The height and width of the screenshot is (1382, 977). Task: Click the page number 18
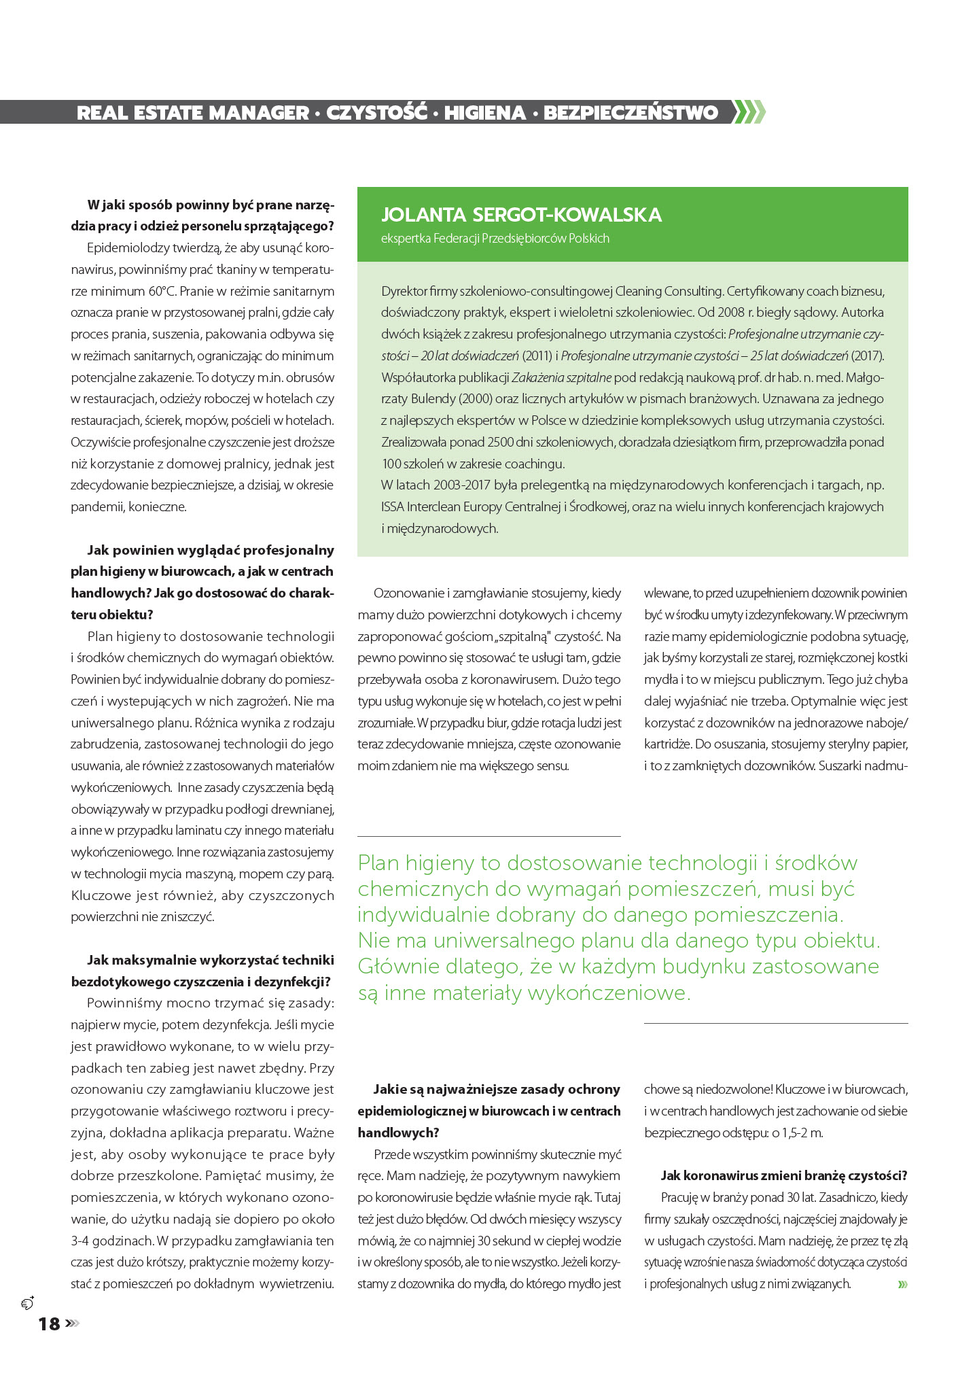(x=49, y=1324)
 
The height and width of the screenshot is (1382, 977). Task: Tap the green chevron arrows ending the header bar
(x=749, y=111)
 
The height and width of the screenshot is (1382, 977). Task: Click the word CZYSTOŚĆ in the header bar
(x=376, y=113)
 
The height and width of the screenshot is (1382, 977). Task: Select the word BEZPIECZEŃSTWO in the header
(x=630, y=113)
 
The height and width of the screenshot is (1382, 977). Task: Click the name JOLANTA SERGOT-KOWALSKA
(x=521, y=215)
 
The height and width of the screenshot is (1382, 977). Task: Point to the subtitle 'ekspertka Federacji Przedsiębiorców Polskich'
(x=495, y=239)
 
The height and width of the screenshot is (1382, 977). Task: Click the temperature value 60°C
(x=162, y=291)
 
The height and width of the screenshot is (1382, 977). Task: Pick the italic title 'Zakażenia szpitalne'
(x=561, y=377)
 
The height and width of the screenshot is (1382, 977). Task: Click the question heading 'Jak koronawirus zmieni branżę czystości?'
(x=784, y=1175)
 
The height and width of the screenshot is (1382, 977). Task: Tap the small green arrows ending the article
(x=902, y=1284)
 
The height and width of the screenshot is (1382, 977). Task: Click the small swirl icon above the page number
(x=28, y=1303)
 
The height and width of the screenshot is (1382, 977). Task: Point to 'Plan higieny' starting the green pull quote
(x=415, y=863)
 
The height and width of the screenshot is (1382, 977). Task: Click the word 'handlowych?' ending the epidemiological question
(x=398, y=1133)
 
